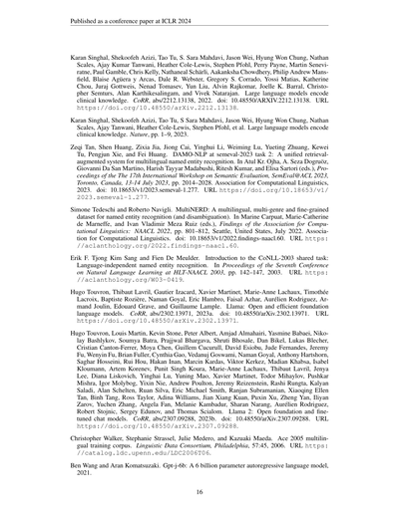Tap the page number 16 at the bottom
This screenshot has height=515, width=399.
pos(199,491)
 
